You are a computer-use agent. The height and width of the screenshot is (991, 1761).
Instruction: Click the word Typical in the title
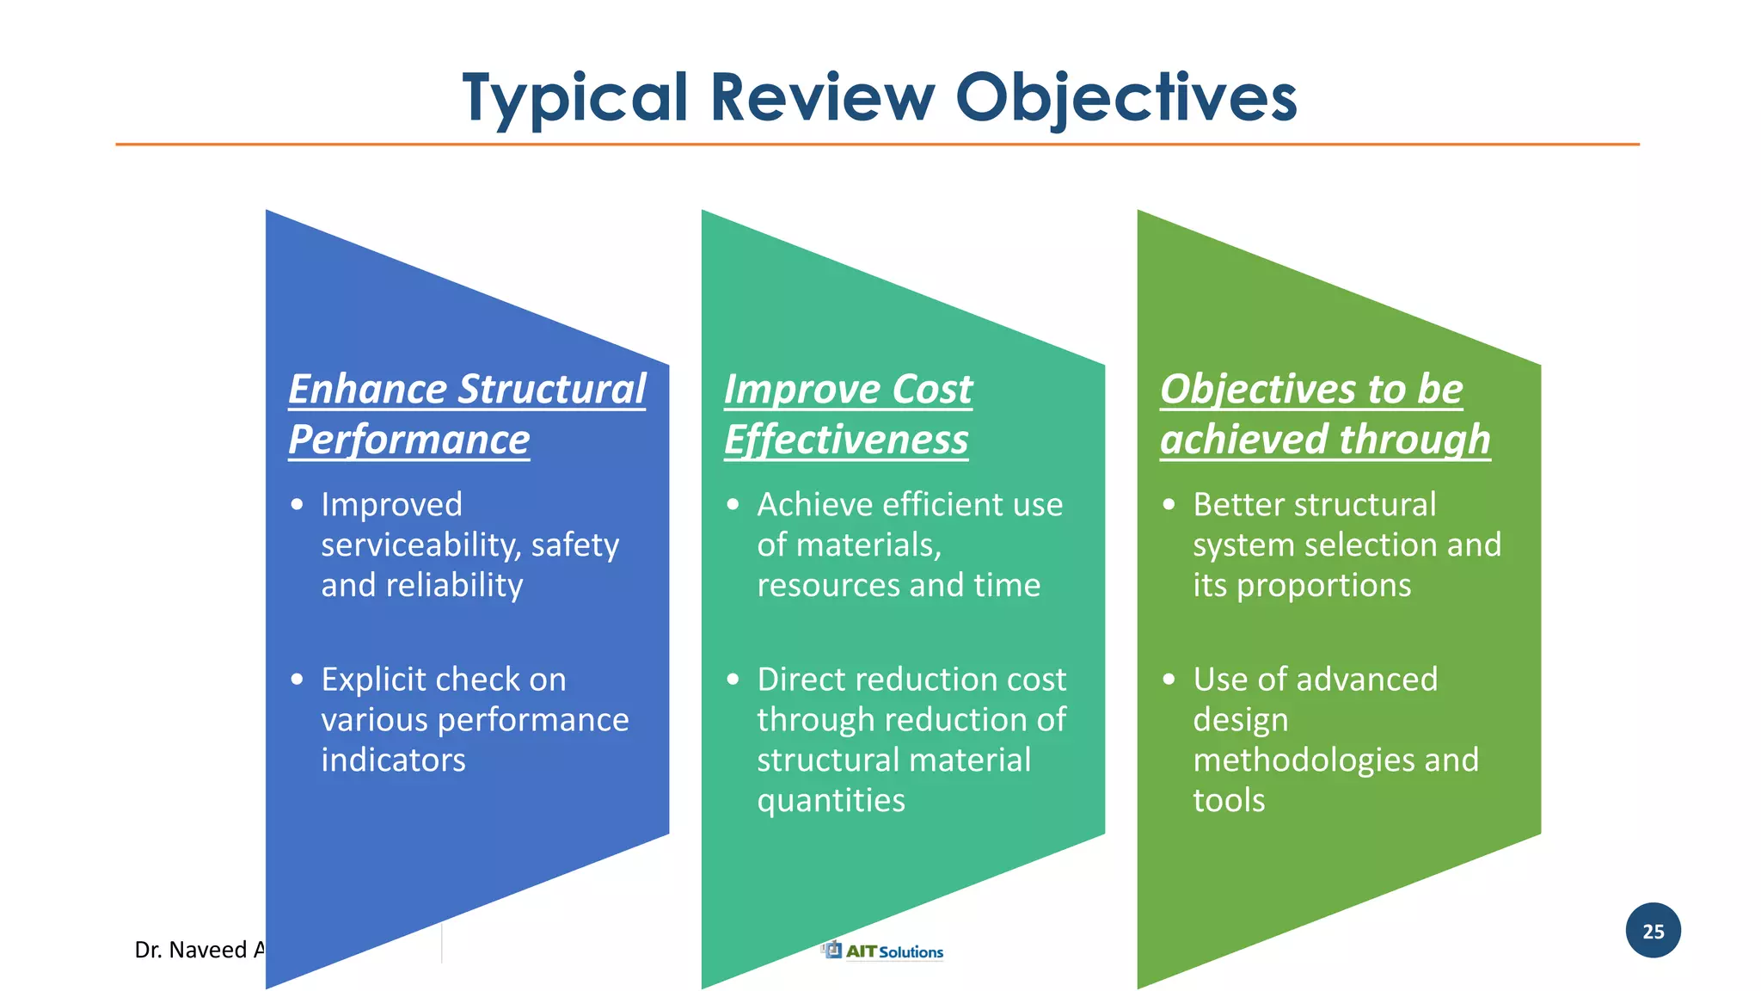pyautogui.click(x=574, y=98)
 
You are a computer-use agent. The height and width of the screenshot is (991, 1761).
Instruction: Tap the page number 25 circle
pyautogui.click(x=1653, y=931)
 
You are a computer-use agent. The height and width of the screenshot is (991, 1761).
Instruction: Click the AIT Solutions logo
pyautogui.click(x=882, y=951)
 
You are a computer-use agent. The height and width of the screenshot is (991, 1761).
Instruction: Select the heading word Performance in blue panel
pyautogui.click(x=408, y=440)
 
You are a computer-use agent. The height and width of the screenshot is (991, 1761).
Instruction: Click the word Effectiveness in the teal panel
pyautogui.click(x=845, y=440)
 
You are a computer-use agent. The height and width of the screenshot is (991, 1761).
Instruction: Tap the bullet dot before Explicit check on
pyautogui.click(x=298, y=680)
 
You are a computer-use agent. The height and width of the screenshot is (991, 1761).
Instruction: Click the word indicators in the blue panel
pyautogui.click(x=393, y=760)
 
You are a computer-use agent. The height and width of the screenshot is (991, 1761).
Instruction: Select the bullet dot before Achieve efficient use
pyautogui.click(x=733, y=505)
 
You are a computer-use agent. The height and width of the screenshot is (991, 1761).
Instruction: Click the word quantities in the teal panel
pyautogui.click(x=831, y=801)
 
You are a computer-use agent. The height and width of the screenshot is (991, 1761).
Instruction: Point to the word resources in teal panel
pyautogui.click(x=827, y=586)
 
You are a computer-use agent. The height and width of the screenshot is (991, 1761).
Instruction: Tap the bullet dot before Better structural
pyautogui.click(x=1169, y=505)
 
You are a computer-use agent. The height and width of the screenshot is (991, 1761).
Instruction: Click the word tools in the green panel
pyautogui.click(x=1228, y=801)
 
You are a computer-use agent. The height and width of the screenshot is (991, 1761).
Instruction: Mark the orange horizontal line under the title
pyautogui.click(x=877, y=145)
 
